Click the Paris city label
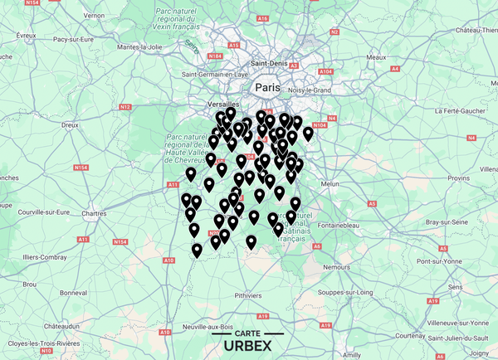pyautogui.click(x=268, y=86)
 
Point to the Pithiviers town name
pyautogui.click(x=248, y=294)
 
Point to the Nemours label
pyautogui.click(x=338, y=267)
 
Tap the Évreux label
pyautogui.click(x=27, y=35)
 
